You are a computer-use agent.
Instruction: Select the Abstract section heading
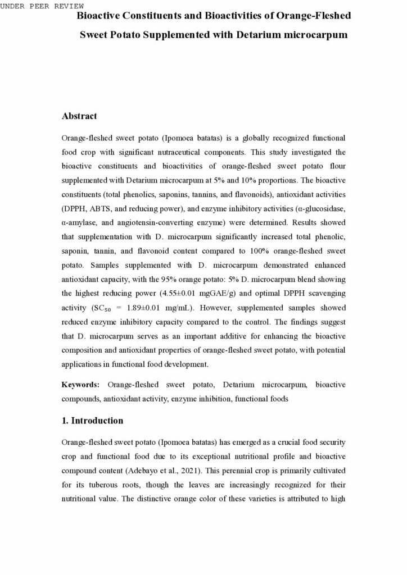79,116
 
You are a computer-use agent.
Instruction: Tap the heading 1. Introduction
92,421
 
